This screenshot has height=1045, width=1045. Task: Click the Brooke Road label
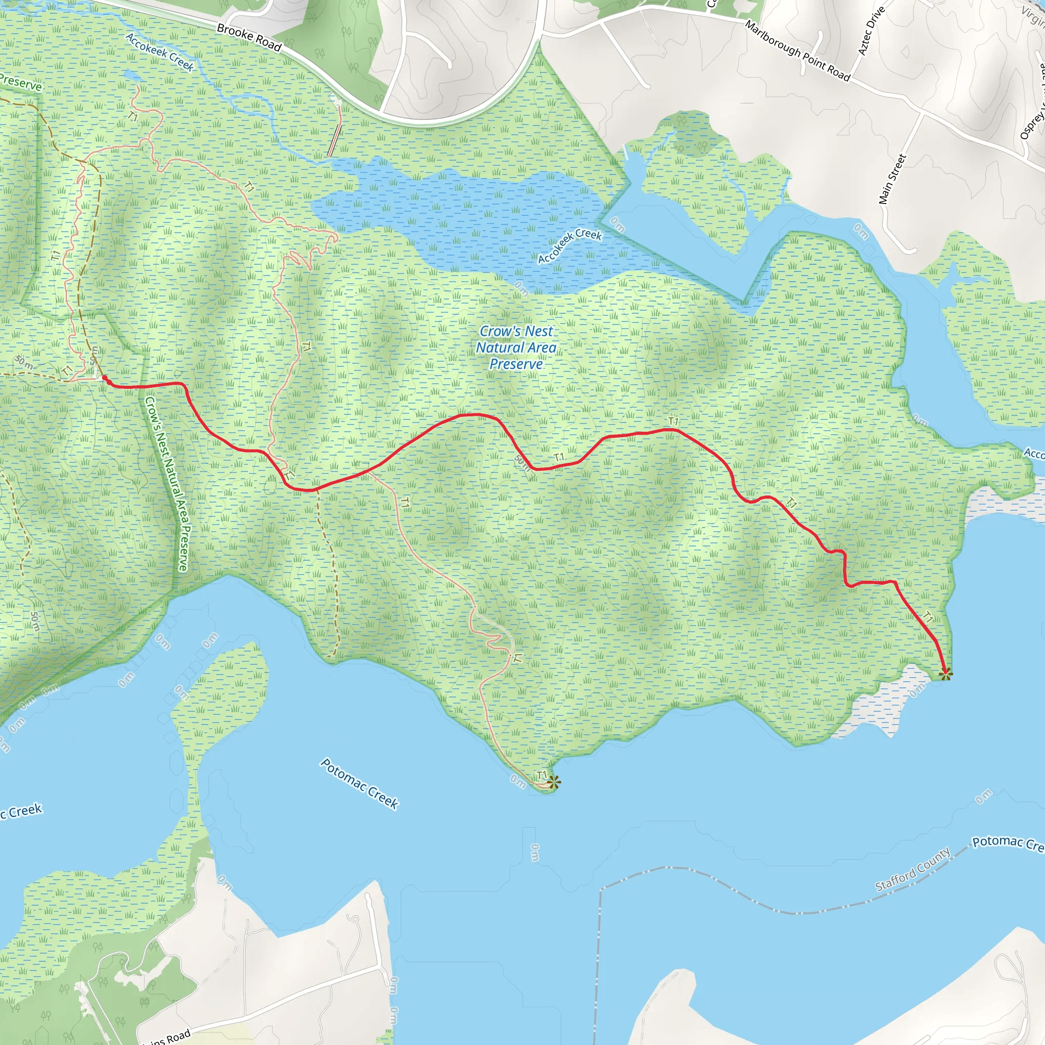249,37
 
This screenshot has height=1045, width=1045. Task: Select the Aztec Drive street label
871,30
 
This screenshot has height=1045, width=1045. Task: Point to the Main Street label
892,179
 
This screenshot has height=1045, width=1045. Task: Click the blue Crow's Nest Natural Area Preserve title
516,347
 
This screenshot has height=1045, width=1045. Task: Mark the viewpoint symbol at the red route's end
946,674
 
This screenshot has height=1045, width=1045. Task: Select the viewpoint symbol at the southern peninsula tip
553,782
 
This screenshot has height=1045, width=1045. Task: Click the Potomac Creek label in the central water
359,784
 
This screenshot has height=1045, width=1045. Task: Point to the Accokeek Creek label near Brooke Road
160,52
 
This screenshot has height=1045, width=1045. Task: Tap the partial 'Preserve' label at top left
20,83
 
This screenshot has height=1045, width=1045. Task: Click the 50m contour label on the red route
522,462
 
